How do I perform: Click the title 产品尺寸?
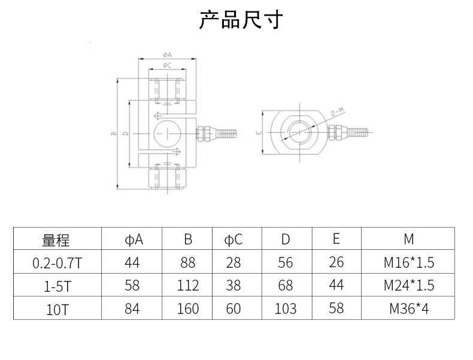(241, 20)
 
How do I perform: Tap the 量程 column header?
(56, 240)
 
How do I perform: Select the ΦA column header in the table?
(134, 240)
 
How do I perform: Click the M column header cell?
(409, 239)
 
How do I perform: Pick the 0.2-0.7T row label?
(57, 263)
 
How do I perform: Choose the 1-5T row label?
(57, 286)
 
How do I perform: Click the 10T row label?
(57, 309)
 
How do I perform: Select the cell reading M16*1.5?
(409, 262)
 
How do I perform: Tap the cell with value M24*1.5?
(409, 286)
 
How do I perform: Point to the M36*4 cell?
(409, 308)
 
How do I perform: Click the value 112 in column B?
(187, 286)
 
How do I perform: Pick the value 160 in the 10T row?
(187, 308)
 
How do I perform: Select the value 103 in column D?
(286, 308)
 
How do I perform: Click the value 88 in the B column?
(187, 262)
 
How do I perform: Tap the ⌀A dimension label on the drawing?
(167, 55)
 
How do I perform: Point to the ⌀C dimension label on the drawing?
(167, 65)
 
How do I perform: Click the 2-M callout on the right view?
(338, 112)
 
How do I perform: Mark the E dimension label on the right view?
(259, 132)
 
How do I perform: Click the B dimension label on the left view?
(113, 133)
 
